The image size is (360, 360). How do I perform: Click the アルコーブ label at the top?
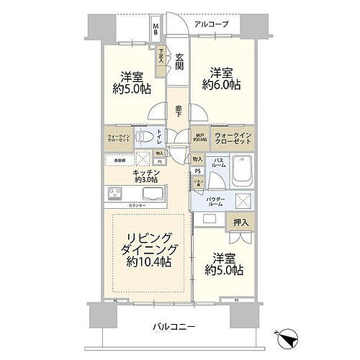point(211,24)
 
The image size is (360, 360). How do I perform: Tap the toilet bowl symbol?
point(143,135)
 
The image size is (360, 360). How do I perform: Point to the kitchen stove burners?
point(115,193)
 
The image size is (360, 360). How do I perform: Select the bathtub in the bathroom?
point(241,173)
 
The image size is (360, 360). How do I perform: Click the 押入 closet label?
point(240,223)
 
